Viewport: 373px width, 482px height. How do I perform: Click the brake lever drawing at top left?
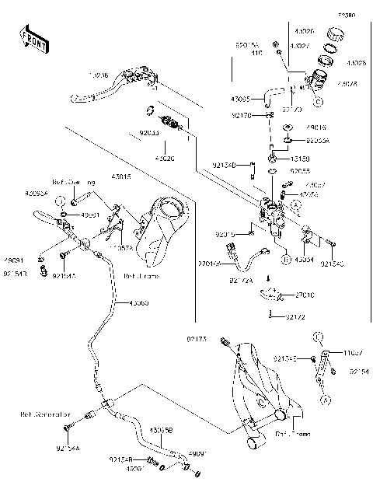point(117,86)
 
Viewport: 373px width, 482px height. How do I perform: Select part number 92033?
point(149,133)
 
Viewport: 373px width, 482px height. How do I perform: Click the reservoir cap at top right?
point(335,35)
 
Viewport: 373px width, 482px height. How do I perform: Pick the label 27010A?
point(210,263)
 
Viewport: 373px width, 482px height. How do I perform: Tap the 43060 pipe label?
point(139,303)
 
